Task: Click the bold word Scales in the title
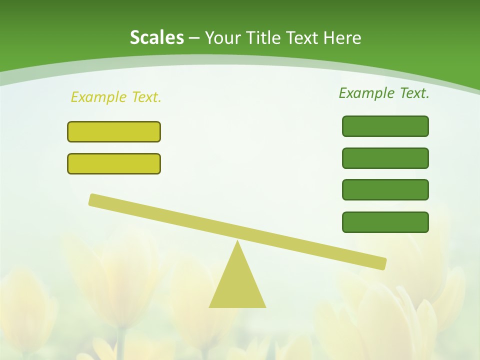click(157, 38)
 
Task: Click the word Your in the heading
click(223, 38)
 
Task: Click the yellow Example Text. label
click(116, 97)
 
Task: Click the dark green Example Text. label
click(384, 93)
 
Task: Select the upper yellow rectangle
click(114, 131)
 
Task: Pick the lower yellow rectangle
click(114, 163)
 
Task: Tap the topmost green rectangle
click(385, 126)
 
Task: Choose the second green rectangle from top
click(385, 158)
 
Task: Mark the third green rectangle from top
click(385, 190)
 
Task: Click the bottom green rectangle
click(385, 222)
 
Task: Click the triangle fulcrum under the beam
click(237, 285)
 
